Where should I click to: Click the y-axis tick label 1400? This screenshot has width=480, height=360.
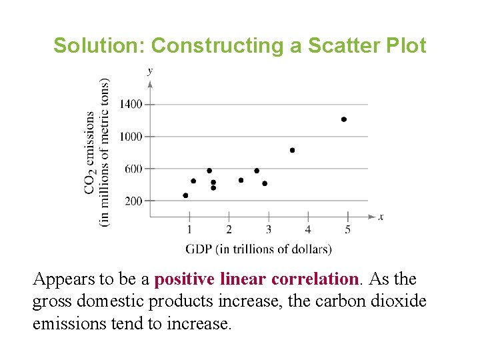click(x=131, y=104)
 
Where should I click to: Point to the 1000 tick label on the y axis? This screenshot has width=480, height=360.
click(x=131, y=136)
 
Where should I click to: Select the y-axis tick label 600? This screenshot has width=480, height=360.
click(x=133, y=169)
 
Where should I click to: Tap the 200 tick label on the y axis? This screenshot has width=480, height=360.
click(x=133, y=201)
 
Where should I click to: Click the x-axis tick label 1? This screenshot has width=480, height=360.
click(x=189, y=229)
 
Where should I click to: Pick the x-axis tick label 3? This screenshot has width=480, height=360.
click(x=269, y=229)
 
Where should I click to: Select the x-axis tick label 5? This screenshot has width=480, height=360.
click(x=347, y=229)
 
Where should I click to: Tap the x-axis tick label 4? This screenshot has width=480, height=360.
click(x=308, y=229)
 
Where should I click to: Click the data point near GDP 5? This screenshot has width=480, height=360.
click(x=344, y=119)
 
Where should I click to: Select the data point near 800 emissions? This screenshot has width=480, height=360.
click(x=292, y=151)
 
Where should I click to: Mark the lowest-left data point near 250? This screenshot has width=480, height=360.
click(x=185, y=195)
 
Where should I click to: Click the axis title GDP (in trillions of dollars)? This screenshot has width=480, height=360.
click(x=258, y=249)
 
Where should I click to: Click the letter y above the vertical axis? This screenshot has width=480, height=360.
click(x=150, y=70)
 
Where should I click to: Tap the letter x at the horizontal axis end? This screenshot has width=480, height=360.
click(x=381, y=217)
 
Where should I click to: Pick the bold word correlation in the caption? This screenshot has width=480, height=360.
click(x=315, y=279)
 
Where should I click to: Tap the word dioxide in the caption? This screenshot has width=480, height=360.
click(x=398, y=301)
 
